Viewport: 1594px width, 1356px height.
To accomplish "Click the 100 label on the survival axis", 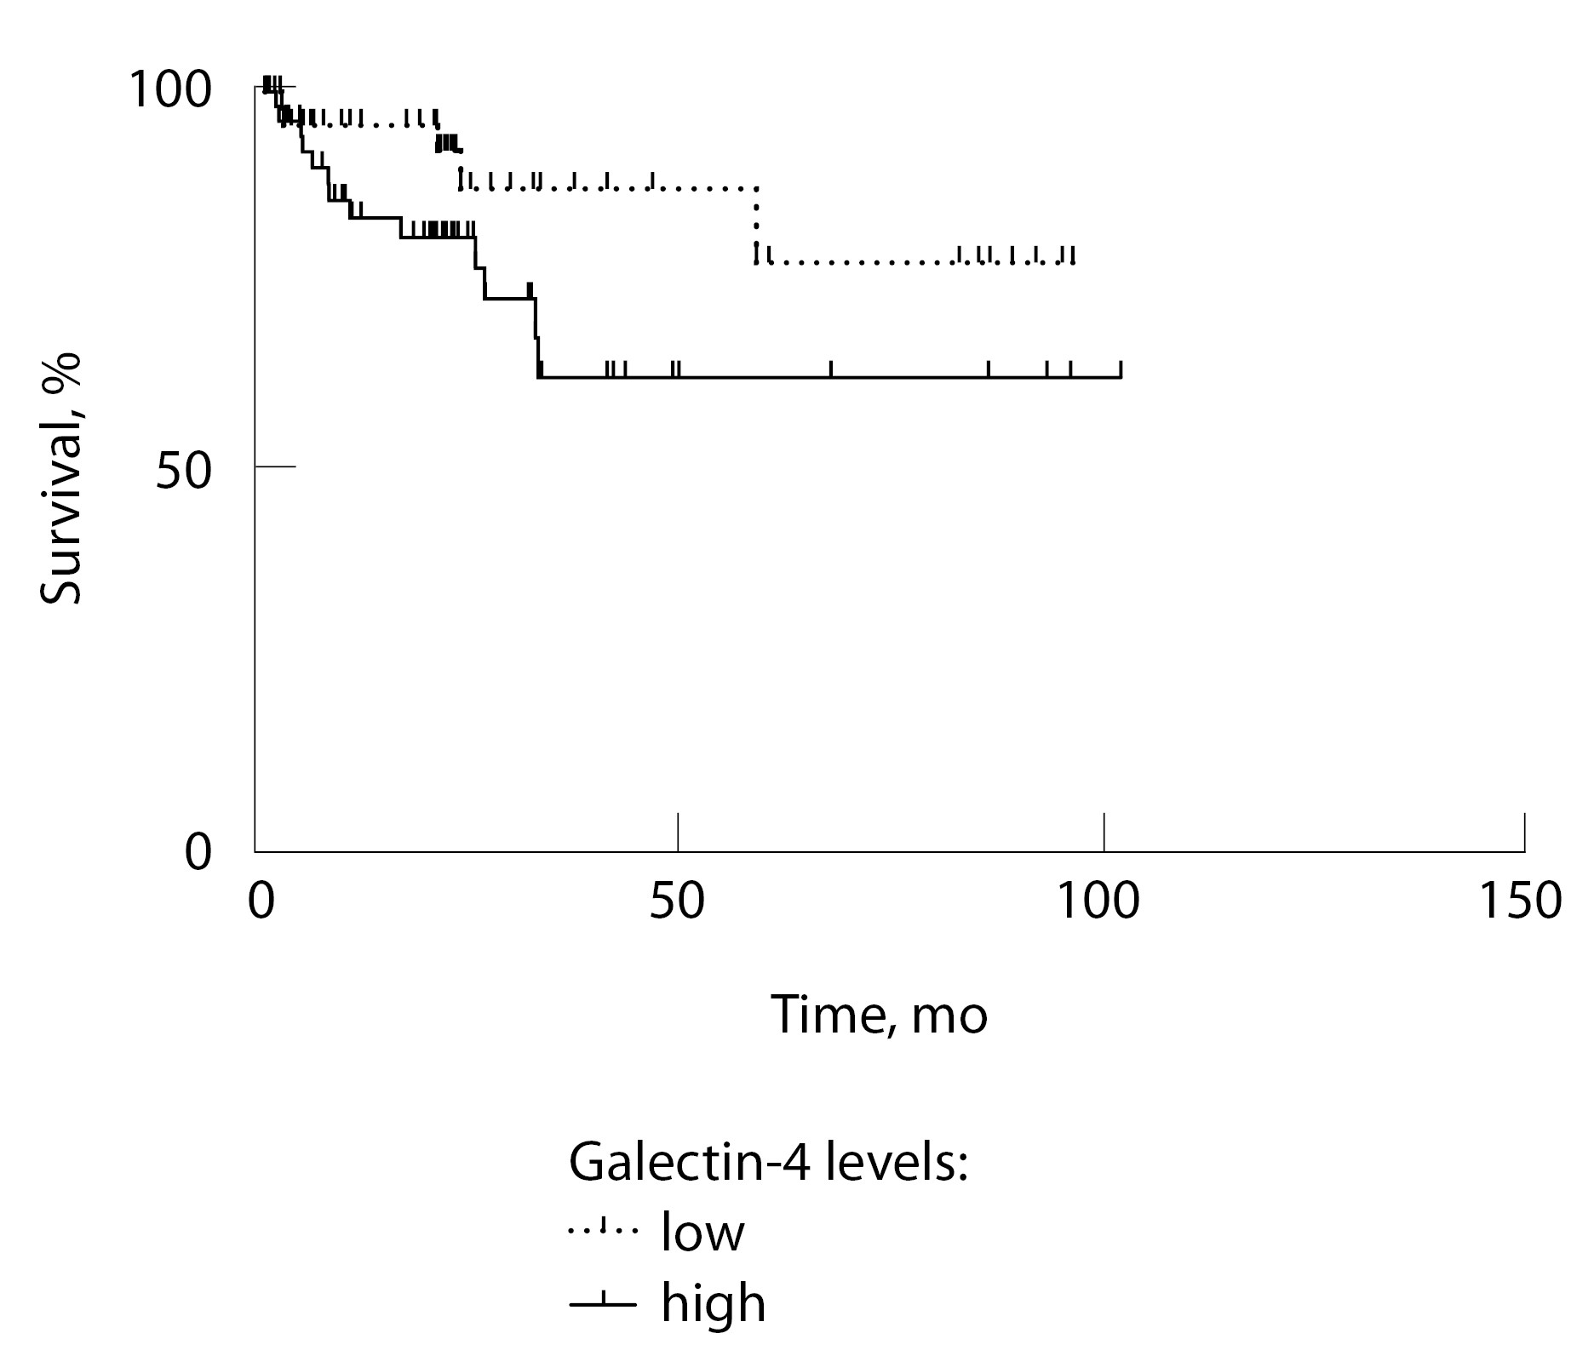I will [169, 90].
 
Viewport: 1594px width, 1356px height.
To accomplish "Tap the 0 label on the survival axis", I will [198, 852].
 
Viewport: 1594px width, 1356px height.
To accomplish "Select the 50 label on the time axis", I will [677, 901].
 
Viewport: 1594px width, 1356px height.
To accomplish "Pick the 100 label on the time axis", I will [1097, 901].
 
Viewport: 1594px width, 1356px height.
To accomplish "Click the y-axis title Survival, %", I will [61, 479].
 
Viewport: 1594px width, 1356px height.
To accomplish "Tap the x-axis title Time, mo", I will [879, 1015].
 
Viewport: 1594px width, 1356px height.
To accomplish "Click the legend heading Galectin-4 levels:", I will [768, 1162].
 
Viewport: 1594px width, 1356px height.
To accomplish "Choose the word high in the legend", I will [713, 1302].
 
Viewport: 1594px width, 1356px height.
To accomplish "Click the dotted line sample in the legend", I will [602, 1230].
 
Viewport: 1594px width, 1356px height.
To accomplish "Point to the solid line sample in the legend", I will [602, 1303].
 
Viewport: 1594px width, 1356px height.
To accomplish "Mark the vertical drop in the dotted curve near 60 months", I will [755, 224].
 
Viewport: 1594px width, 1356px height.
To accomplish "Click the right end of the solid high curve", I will [1121, 376].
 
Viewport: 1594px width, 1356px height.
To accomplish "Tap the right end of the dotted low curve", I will [1073, 262].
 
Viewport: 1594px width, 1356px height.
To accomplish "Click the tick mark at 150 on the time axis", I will [1524, 832].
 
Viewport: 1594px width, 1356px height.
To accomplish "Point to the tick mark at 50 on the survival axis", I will [275, 466].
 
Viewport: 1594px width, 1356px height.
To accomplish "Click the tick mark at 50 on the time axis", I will [678, 832].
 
